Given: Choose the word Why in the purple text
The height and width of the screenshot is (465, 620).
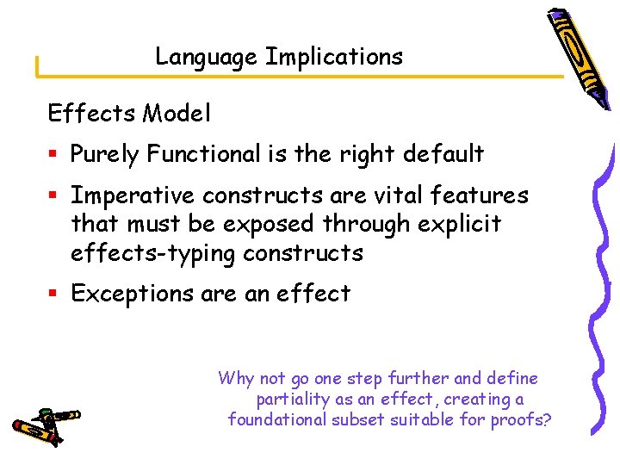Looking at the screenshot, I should click(235, 378).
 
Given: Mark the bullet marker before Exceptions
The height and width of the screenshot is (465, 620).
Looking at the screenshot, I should click(53, 294).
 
